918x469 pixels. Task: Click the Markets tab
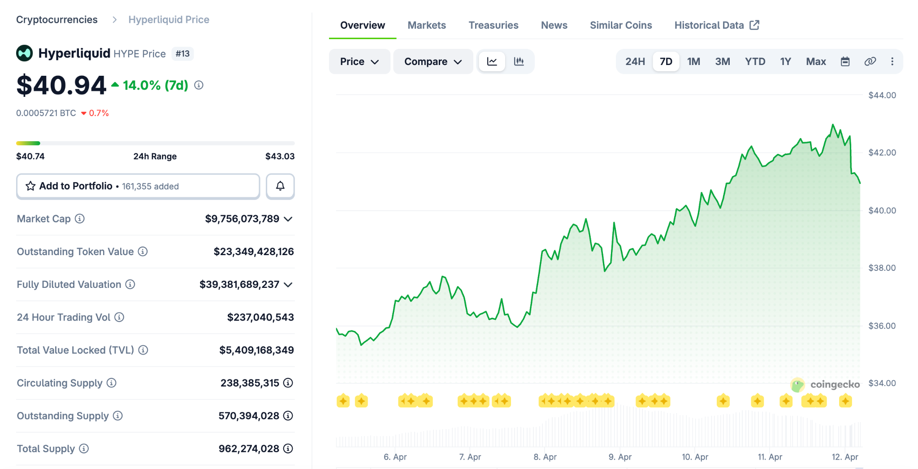pos(427,25)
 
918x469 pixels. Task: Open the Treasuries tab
pos(494,25)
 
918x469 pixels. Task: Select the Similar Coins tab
pos(621,25)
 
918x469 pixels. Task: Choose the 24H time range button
pos(635,61)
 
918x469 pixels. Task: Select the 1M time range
pos(693,61)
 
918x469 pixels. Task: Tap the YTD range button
pos(755,61)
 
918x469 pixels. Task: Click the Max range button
pos(816,61)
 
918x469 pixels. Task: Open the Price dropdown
pos(359,61)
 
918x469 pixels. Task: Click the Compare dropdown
pos(433,61)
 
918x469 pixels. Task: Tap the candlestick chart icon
pos(519,61)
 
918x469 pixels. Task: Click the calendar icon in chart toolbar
pos(845,61)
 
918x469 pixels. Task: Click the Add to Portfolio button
pos(138,186)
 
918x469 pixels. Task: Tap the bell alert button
pos(280,186)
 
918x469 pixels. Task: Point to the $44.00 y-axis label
pos(882,95)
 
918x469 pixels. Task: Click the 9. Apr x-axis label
pos(620,457)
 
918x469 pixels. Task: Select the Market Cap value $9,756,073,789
pos(242,219)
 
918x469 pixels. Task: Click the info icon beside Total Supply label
pos(84,448)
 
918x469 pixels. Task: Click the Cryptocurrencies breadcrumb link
pos(57,20)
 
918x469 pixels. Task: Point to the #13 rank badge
pos(182,54)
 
